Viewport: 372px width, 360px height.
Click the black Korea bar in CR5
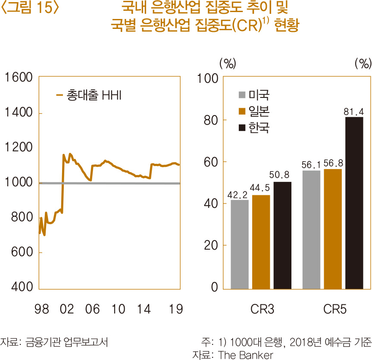354,203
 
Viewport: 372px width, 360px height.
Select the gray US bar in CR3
240,244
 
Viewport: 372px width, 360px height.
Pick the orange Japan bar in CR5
332,229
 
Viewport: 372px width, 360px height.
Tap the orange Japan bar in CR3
261,241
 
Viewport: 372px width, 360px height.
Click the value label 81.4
354,112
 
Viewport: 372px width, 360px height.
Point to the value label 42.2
240,195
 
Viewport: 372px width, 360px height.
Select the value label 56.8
332,164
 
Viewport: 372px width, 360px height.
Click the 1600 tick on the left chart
18,78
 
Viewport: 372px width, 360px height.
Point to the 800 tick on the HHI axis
21,217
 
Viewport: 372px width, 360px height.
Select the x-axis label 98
42,309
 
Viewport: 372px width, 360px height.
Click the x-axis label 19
176,309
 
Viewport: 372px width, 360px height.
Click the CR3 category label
262,309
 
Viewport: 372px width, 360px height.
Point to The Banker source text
246,355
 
